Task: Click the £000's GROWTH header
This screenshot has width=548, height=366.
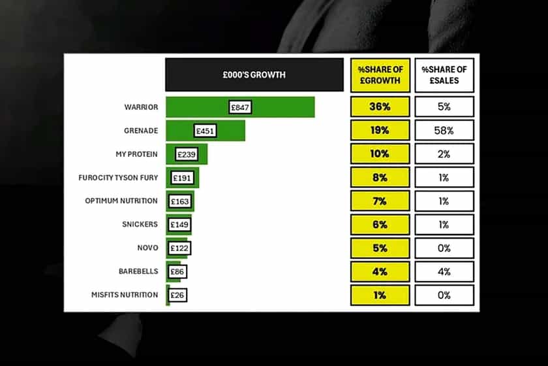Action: pyautogui.click(x=254, y=75)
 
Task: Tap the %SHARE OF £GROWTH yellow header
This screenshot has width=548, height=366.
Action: pyautogui.click(x=380, y=75)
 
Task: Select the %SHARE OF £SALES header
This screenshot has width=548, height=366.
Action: pyautogui.click(x=444, y=75)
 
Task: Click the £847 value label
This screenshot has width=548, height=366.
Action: pyautogui.click(x=241, y=107)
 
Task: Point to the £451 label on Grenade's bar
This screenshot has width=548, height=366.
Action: pyautogui.click(x=205, y=131)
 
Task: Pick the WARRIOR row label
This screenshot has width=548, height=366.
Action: pyautogui.click(x=141, y=107)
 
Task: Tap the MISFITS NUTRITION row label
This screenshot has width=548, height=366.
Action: pyautogui.click(x=125, y=295)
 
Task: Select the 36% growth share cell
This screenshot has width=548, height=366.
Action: pyautogui.click(x=380, y=107)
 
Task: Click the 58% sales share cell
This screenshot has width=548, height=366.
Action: pyautogui.click(x=444, y=130)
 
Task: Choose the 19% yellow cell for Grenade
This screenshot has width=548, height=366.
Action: pyautogui.click(x=380, y=130)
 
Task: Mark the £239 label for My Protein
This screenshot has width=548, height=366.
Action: pyautogui.click(x=186, y=154)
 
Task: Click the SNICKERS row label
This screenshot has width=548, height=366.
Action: pyautogui.click(x=140, y=224)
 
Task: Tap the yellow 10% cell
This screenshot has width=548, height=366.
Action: pyautogui.click(x=380, y=154)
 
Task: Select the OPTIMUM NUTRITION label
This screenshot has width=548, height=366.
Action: pyautogui.click(x=121, y=201)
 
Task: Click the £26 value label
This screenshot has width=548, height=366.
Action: pyautogui.click(x=177, y=295)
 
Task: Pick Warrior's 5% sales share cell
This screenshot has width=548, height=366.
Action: pyautogui.click(x=444, y=107)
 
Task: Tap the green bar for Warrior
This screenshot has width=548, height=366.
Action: pyautogui.click(x=287, y=107)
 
